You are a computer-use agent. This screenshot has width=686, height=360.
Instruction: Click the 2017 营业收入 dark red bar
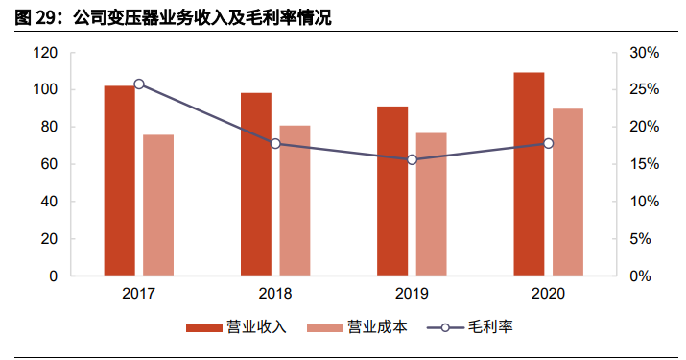pyautogui.click(x=119, y=180)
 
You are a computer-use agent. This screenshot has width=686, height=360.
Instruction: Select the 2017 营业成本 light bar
pyautogui.click(x=158, y=205)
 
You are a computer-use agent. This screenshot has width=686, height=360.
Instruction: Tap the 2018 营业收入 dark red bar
pyautogui.click(x=256, y=184)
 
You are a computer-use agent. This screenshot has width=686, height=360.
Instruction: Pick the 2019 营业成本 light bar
pyautogui.click(x=432, y=204)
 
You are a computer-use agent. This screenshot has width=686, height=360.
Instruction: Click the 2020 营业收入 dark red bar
pyautogui.click(x=529, y=174)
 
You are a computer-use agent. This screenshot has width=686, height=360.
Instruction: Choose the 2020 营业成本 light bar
pyautogui.click(x=568, y=192)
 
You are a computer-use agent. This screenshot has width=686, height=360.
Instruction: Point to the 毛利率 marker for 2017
pyautogui.click(x=139, y=84)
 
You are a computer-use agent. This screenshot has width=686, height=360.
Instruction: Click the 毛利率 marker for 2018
pyautogui.click(x=275, y=144)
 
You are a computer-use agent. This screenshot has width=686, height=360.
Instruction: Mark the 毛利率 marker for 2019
pyautogui.click(x=413, y=159)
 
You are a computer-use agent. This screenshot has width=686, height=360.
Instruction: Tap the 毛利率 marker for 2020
pyautogui.click(x=549, y=144)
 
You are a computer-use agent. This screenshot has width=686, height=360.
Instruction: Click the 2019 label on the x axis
pyautogui.click(x=412, y=294)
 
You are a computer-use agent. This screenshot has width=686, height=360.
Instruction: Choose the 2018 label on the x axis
pyautogui.click(x=275, y=294)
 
